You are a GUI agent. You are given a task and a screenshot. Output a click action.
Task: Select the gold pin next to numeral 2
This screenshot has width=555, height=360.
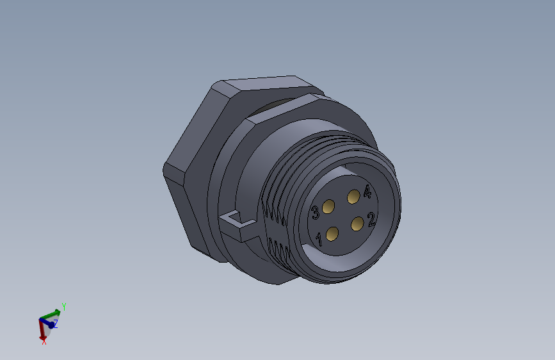tap(358, 223)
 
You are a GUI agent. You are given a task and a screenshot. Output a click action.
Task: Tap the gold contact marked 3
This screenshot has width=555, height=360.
tap(329, 206)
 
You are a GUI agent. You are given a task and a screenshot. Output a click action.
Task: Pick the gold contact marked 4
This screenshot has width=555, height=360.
tap(353, 197)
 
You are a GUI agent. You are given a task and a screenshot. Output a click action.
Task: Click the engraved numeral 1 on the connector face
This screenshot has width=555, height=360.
tap(319, 240)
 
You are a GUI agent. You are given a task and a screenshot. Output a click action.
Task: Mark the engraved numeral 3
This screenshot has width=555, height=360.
tap(316, 213)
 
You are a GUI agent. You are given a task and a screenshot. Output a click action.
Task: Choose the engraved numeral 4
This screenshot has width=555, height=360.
tap(367, 191)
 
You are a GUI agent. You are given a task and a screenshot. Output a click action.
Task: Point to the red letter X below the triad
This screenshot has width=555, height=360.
tap(44, 342)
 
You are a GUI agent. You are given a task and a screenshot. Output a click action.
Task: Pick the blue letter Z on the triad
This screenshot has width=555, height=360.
tap(55, 325)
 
